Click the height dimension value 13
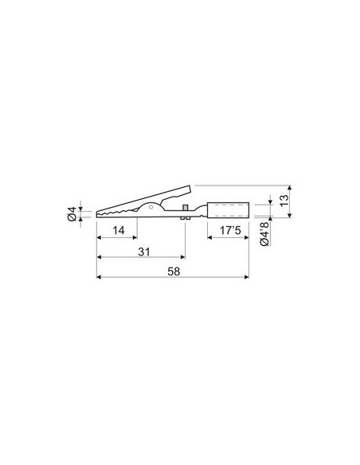pos(285,202)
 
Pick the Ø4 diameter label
pos(72,213)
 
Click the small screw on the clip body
pos(185,210)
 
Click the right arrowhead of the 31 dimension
pos(182,257)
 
